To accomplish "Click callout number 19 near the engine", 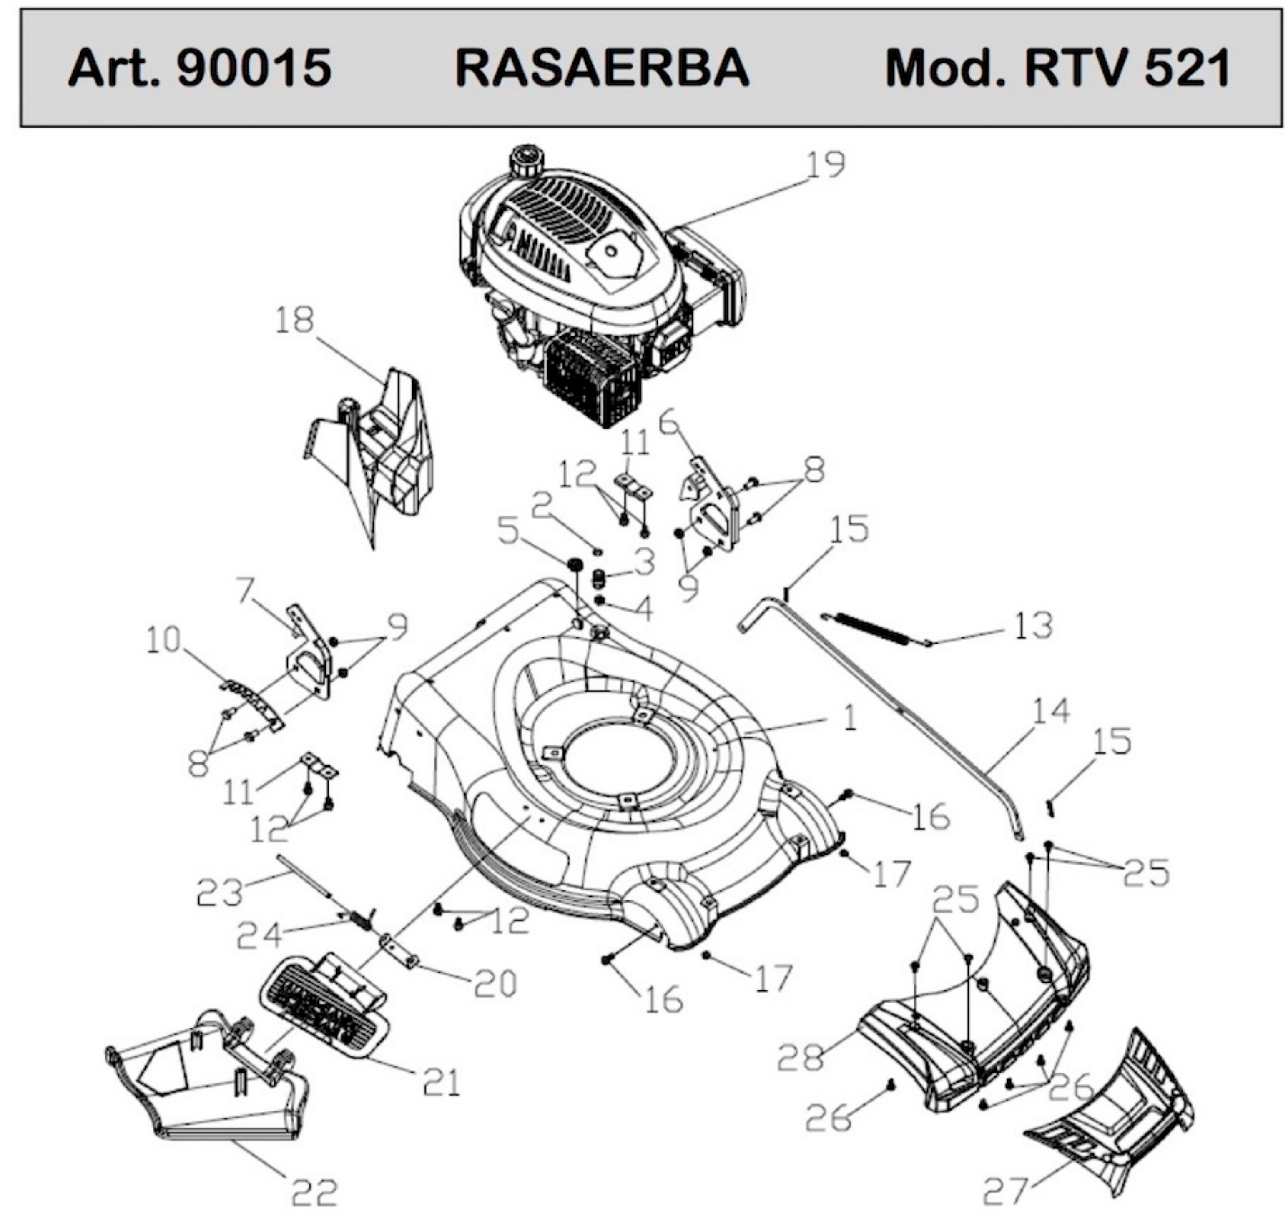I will click(x=825, y=165).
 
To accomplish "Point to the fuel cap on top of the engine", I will click(x=526, y=160).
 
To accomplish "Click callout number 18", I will click(x=294, y=320).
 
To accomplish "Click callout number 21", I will click(x=441, y=1082).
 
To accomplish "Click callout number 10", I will click(x=163, y=640).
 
